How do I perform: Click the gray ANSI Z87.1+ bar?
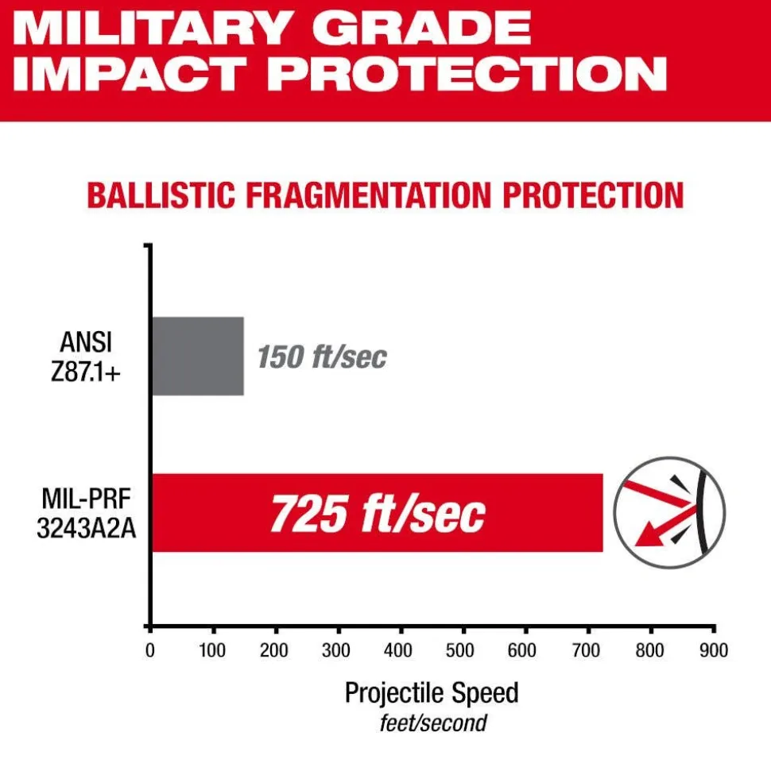pyautogui.click(x=197, y=356)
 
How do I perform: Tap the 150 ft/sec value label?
pyautogui.click(x=321, y=357)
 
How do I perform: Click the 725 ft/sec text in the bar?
pyautogui.click(x=377, y=514)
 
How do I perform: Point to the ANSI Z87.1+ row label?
pyautogui.click(x=86, y=356)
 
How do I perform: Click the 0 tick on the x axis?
pyautogui.click(x=149, y=650)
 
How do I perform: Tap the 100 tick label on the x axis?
pyautogui.click(x=212, y=650)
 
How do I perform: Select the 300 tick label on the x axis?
pyautogui.click(x=338, y=650)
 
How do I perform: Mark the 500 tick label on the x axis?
pyautogui.click(x=463, y=650)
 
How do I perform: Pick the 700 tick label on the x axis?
pyautogui.click(x=587, y=650)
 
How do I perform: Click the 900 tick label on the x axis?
pyautogui.click(x=713, y=650)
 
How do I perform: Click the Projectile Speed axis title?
pyautogui.click(x=432, y=692)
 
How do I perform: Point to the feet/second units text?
pyautogui.click(x=432, y=723)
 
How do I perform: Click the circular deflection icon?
pyautogui.click(x=670, y=513)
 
